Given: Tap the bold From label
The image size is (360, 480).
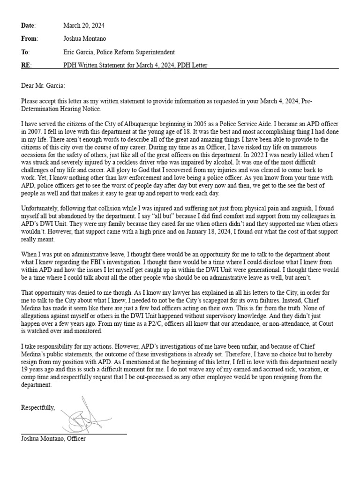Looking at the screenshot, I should click(x=29, y=38).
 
